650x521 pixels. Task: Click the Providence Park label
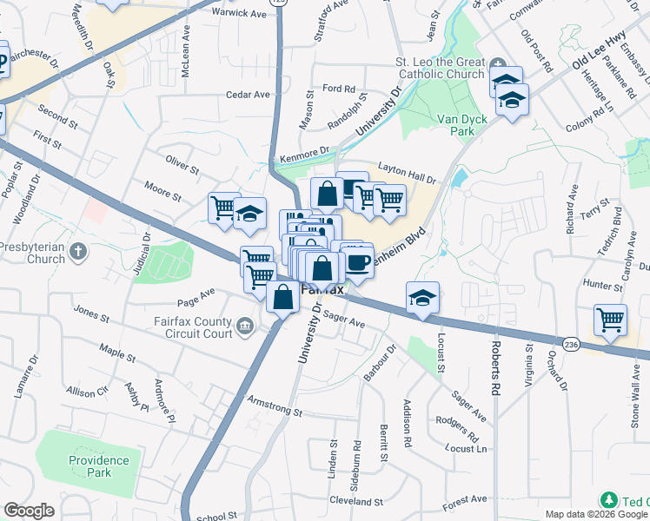click(100, 466)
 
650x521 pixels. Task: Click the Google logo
click(29, 511)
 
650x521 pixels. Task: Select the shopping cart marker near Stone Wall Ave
click(610, 319)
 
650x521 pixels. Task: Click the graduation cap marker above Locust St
click(422, 298)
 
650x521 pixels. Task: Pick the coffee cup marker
click(358, 260)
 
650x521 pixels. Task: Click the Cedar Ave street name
click(248, 95)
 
